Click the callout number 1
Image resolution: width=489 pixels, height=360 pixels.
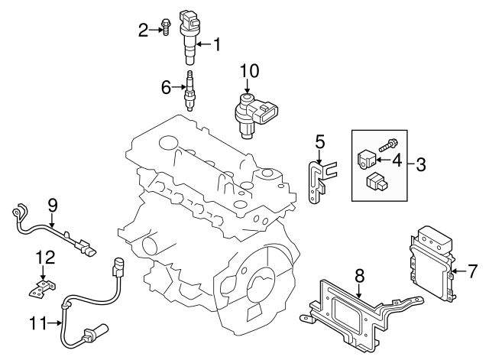tap(215, 45)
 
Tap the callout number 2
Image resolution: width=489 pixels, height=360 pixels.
tap(143, 30)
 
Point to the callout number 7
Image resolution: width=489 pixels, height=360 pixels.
tap(471, 270)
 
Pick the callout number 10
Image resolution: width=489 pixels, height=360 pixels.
tap(250, 71)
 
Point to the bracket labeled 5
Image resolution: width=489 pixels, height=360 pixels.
tap(316, 180)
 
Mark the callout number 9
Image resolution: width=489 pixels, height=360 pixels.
tap(53, 204)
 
